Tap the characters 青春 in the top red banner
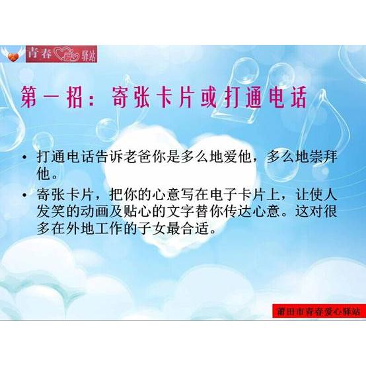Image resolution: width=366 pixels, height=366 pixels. click(40, 54)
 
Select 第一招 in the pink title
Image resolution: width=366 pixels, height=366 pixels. click(52, 97)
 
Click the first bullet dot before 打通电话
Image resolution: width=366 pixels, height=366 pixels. click(24, 157)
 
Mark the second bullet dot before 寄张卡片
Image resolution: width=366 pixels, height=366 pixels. click(24, 194)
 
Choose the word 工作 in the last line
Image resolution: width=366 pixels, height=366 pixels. click(109, 229)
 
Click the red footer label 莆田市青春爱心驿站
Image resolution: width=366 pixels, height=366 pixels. click(319, 311)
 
